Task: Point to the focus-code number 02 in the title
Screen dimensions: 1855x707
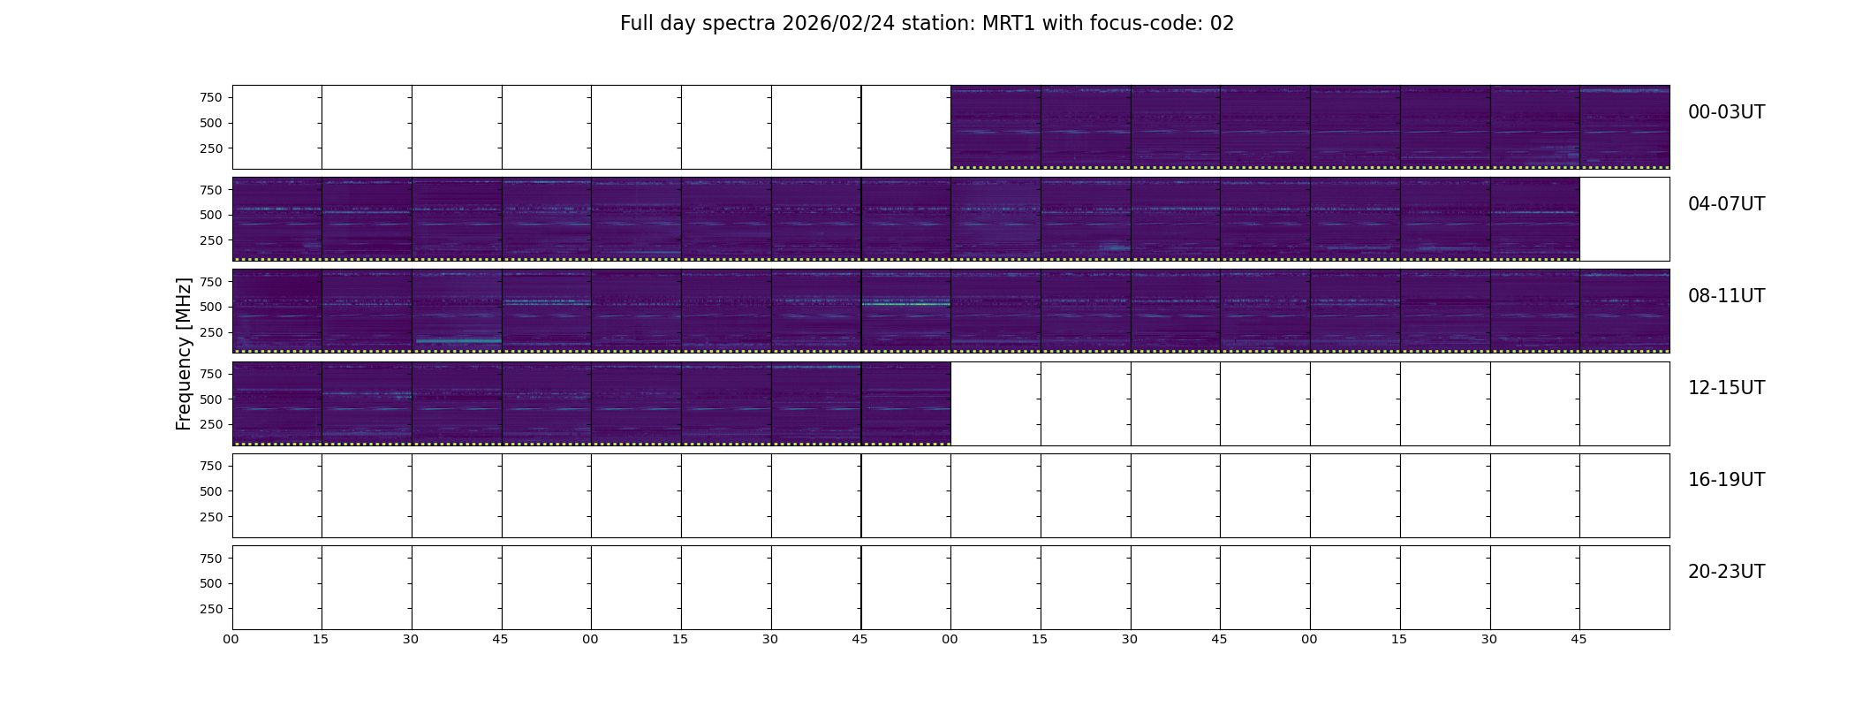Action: (x=1222, y=24)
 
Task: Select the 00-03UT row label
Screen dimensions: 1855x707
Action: (x=1726, y=112)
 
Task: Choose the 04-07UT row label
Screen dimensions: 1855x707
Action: (x=1726, y=204)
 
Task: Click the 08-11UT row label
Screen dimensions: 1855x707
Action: (x=1726, y=296)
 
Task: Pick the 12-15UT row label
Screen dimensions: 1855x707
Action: (x=1726, y=388)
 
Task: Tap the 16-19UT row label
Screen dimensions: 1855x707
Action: (x=1726, y=480)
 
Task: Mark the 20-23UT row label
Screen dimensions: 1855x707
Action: (x=1726, y=572)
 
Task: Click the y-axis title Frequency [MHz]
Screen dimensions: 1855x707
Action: (x=184, y=353)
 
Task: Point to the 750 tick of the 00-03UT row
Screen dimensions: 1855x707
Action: (x=211, y=98)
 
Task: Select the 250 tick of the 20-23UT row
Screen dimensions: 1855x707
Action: (x=211, y=609)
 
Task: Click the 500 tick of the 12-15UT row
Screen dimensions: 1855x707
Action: (x=211, y=399)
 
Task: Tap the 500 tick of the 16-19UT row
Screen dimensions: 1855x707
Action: (x=211, y=491)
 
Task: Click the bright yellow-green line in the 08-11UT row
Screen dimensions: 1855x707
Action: (x=905, y=304)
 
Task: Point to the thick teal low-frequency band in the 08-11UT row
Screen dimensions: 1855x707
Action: (x=458, y=340)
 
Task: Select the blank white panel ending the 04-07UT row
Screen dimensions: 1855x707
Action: (x=1624, y=219)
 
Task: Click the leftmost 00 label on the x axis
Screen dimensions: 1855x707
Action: (x=231, y=639)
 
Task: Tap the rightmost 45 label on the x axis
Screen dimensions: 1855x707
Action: (x=1579, y=639)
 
